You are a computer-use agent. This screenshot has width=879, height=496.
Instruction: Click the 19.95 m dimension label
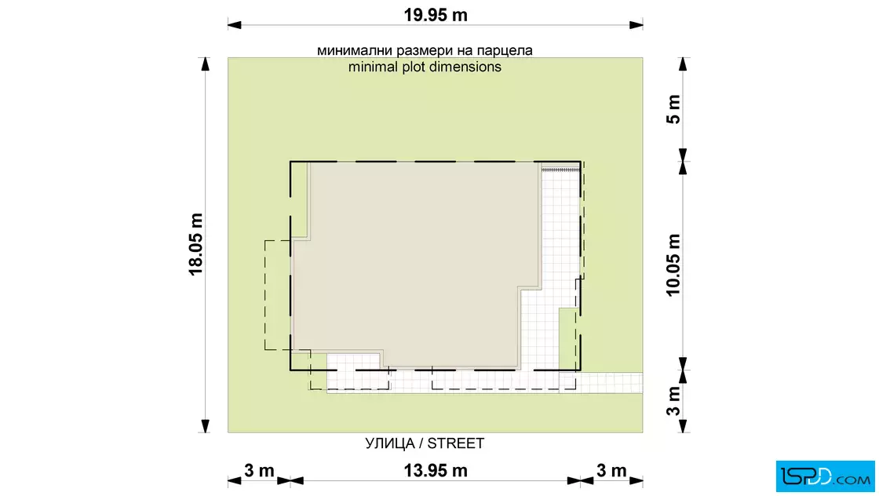point(436,15)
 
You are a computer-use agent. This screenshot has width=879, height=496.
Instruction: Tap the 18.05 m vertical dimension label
point(195,244)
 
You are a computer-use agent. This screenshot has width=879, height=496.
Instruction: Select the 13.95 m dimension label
point(436,471)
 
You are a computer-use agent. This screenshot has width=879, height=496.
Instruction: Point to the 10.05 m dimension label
point(673,265)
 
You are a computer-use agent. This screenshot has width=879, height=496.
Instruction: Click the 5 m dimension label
point(673,109)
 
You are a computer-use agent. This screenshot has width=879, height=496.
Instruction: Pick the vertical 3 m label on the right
point(673,401)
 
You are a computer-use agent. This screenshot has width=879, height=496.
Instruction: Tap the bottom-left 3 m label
point(259,471)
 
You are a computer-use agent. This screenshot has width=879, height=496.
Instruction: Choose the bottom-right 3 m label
point(611,471)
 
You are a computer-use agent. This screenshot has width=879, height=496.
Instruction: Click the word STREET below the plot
point(456,443)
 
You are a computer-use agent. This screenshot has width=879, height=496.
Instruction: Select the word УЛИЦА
point(390,444)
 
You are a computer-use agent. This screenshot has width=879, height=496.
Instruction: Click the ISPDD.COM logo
point(825,476)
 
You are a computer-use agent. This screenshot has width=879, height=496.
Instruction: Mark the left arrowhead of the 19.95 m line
point(235,24)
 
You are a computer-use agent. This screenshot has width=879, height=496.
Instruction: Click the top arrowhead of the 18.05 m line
point(206,64)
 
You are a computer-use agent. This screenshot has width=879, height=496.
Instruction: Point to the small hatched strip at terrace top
point(560,169)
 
